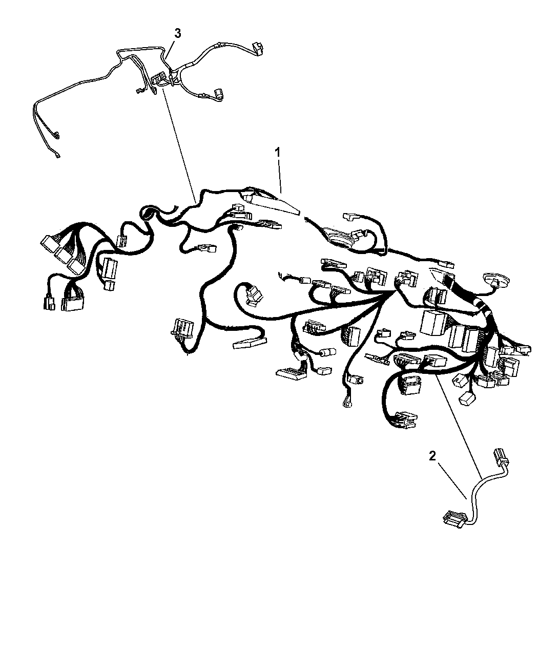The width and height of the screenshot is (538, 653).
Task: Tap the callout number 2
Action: (432, 456)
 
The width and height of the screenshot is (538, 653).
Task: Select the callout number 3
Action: (177, 33)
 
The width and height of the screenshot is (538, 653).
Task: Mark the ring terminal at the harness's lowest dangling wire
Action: (347, 404)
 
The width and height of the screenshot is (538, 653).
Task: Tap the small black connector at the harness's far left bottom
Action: (49, 302)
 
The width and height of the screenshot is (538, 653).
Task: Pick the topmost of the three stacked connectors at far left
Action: (49, 243)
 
